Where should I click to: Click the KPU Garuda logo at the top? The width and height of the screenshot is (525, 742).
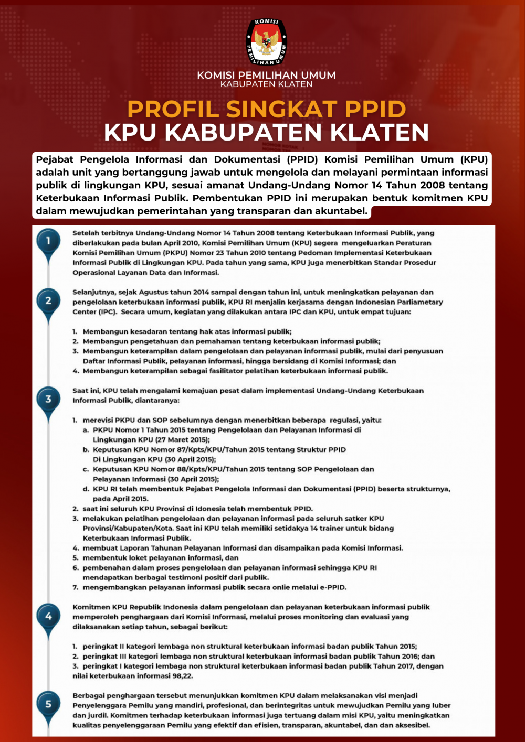tap(267, 42)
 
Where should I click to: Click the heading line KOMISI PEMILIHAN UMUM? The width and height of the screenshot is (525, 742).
tap(266, 75)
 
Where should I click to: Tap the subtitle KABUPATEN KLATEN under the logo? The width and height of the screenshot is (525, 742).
tap(266, 84)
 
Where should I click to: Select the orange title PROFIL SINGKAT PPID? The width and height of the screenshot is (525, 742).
tap(266, 109)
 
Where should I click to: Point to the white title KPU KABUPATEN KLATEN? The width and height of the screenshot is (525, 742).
tap(266, 132)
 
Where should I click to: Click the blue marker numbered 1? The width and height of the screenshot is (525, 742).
tap(48, 241)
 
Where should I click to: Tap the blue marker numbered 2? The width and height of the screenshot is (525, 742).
tap(48, 300)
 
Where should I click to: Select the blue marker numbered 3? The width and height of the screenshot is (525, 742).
tap(48, 399)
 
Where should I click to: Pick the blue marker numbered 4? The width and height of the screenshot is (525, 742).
tap(48, 616)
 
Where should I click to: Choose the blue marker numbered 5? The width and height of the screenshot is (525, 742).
tap(48, 704)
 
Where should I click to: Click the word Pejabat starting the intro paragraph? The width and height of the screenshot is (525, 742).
tap(55, 159)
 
